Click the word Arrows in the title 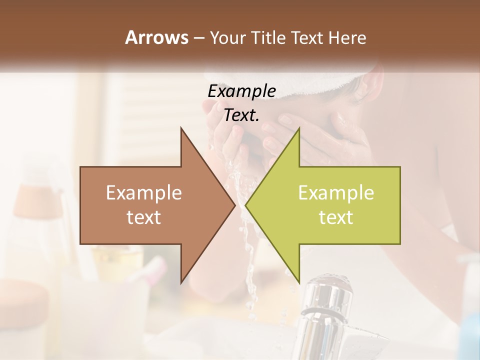click(156, 38)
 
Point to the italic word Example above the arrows click(241, 91)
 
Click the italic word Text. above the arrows click(241, 115)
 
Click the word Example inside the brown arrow click(143, 193)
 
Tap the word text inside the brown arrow click(143, 217)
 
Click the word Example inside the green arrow click(336, 193)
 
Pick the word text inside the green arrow click(336, 217)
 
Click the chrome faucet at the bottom click(325, 310)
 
